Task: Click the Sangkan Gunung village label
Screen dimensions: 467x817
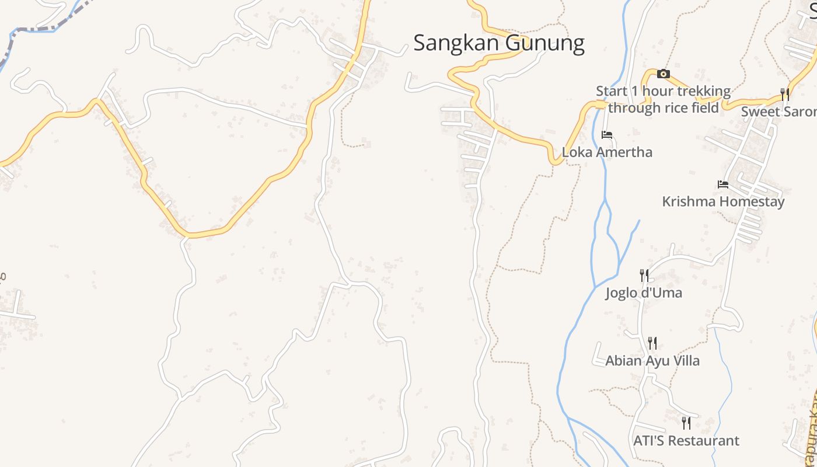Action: click(499, 43)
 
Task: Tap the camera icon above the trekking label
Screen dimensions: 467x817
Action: click(663, 74)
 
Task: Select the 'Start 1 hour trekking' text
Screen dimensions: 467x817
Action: click(663, 92)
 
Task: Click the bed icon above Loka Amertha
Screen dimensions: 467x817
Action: click(607, 135)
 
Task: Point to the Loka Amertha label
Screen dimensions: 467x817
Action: click(607, 152)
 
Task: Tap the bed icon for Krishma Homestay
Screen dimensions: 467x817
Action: click(723, 184)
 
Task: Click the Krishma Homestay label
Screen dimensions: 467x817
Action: click(723, 202)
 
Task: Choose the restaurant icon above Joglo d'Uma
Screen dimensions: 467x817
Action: click(644, 275)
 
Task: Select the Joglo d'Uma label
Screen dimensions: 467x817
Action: click(644, 293)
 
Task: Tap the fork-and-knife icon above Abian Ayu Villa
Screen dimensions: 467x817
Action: click(652, 343)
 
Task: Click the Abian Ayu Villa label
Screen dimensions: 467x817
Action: click(652, 361)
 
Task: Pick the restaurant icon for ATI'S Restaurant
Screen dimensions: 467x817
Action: click(686, 423)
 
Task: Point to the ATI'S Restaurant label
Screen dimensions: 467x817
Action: click(686, 441)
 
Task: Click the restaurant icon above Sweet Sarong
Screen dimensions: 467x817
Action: click(785, 94)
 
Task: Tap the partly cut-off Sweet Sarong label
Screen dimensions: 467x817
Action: click(779, 111)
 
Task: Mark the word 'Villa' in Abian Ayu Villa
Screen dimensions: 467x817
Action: click(684, 361)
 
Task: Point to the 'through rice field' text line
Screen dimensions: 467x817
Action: click(663, 108)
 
